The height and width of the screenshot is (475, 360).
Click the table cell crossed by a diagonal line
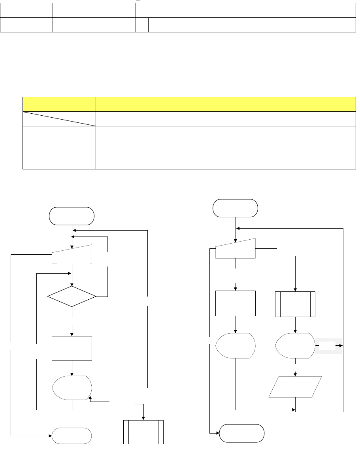pos(59,119)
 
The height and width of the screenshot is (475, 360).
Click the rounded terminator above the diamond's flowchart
pos(72,216)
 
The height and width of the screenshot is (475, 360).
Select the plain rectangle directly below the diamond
pos(72,348)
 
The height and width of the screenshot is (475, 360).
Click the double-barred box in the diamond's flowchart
pos(143,432)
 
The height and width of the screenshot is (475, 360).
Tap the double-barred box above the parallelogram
pos(295,304)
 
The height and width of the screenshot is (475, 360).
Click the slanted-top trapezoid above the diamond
pos(72,255)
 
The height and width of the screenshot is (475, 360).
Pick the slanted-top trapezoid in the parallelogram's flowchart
pos(236,248)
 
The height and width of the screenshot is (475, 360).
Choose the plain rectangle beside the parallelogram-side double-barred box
pos(236,303)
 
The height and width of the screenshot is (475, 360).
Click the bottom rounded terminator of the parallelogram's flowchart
pos(242,434)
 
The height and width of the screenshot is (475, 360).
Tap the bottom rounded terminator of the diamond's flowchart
pos(72,436)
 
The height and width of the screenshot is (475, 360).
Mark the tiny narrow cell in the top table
pos(142,25)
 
